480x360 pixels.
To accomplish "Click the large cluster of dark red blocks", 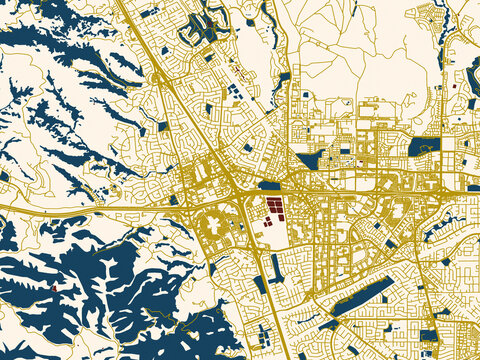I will click(x=273, y=207).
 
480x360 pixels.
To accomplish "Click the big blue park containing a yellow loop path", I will click(x=423, y=146).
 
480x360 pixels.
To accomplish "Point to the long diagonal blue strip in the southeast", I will click(x=362, y=296).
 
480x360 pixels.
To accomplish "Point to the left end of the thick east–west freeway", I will click(x=4, y=208).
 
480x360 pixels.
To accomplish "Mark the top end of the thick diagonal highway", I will click(x=118, y=3).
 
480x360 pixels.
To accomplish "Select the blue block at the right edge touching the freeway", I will click(x=473, y=187).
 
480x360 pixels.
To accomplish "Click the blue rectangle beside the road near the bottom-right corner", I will click(x=429, y=334).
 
